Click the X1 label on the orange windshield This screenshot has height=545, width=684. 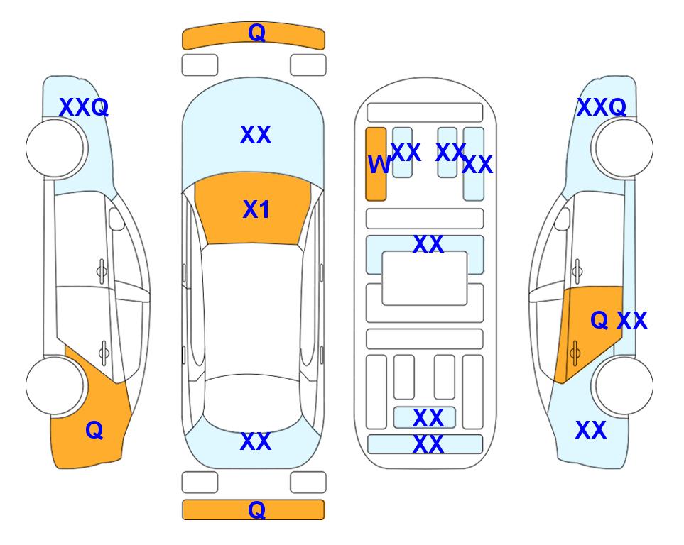pos(256,209)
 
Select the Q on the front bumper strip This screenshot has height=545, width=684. pos(256,32)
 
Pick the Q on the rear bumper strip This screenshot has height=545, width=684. pos(256,510)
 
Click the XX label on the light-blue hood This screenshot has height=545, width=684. pos(256,135)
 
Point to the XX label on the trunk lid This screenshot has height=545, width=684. pos(256,441)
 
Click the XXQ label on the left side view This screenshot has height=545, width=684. pos(84,107)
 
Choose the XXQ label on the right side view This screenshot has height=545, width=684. pos(602,107)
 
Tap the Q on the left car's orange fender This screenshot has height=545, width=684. pos(94,430)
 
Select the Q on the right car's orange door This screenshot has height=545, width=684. pos(599,320)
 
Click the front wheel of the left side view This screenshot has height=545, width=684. pos(55,148)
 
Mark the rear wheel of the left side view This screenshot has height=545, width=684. pos(55,385)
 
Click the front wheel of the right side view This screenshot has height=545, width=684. pos(624,148)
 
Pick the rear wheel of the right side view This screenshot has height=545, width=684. pos(624,385)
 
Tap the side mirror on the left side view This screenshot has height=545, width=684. pos(116,219)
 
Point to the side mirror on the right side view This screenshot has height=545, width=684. pos(562,219)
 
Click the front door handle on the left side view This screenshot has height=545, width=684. pos(102,271)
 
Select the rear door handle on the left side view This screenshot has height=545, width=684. pos(104,352)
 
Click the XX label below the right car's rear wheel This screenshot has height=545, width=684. pos(591,430)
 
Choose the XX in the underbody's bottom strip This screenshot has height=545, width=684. pos(428,444)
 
